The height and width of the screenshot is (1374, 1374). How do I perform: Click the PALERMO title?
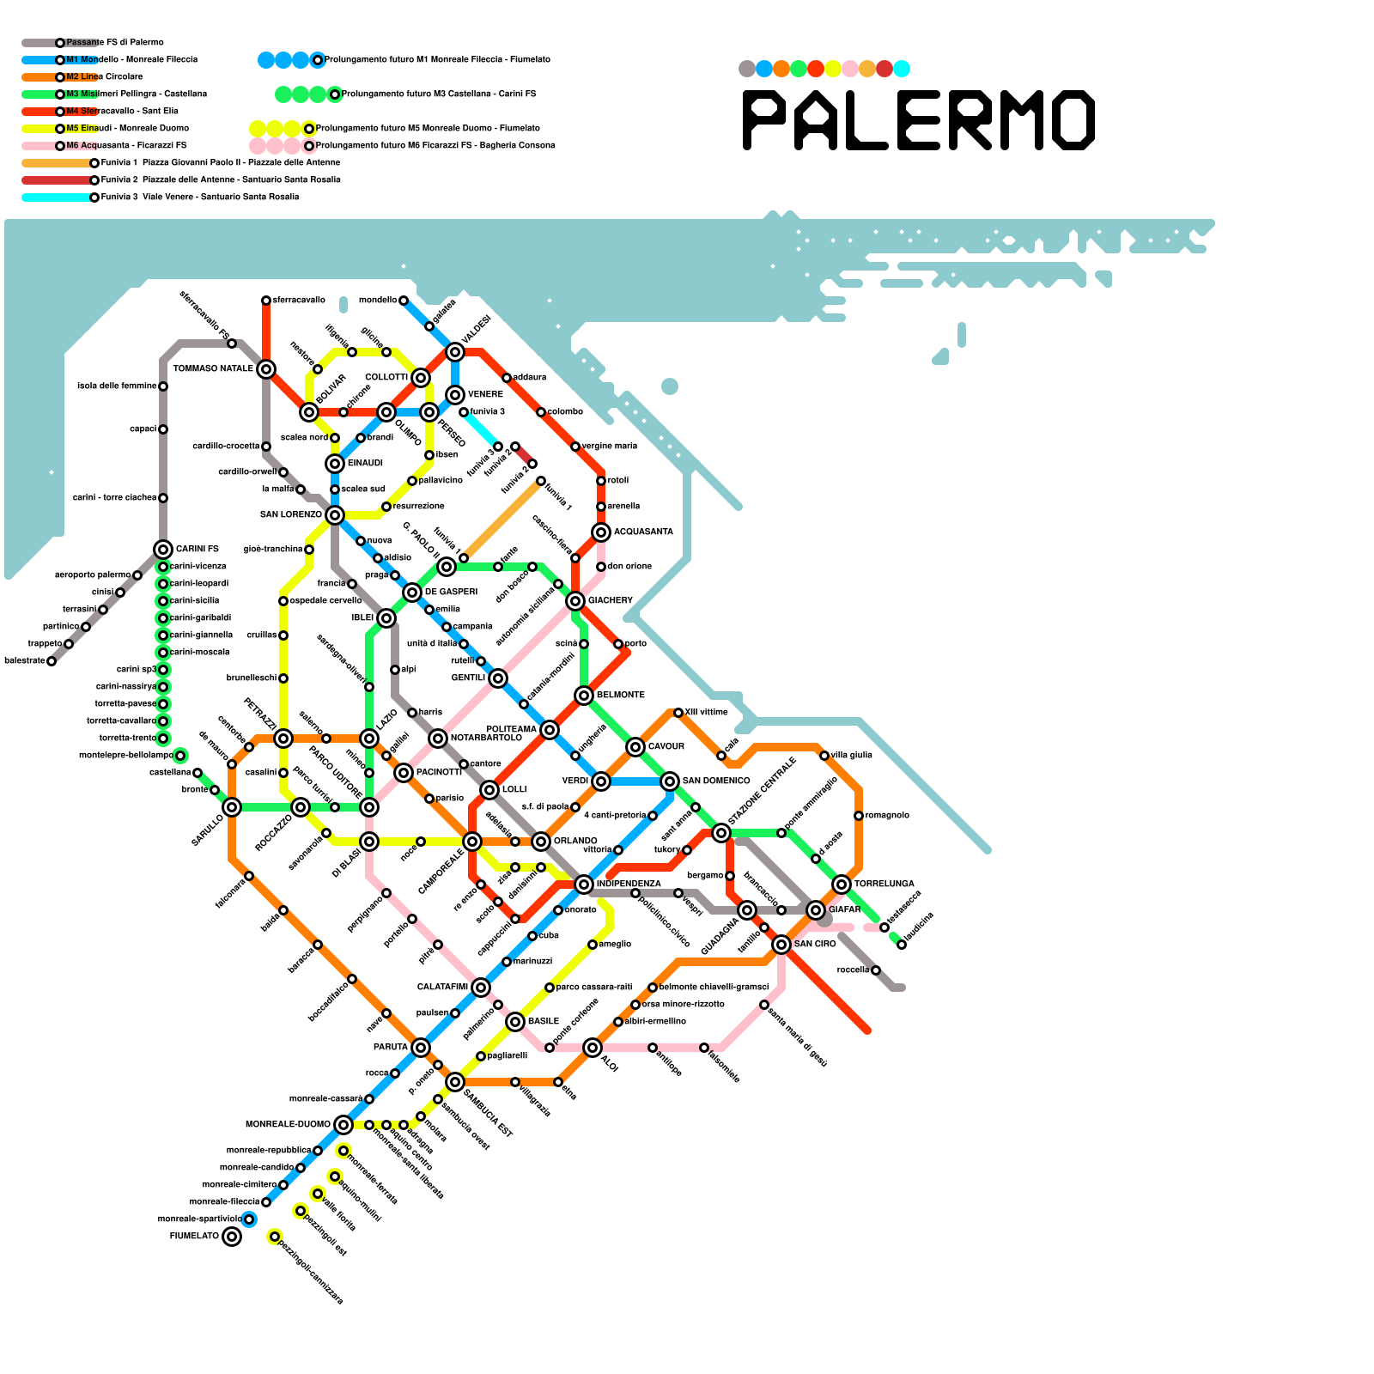pyautogui.click(x=919, y=120)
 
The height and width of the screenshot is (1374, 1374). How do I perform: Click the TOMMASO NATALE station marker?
pyautogui.click(x=266, y=369)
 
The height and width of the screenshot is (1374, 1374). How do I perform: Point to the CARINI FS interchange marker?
pyautogui.click(x=163, y=550)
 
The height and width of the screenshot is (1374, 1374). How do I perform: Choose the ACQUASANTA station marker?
pyautogui.click(x=601, y=532)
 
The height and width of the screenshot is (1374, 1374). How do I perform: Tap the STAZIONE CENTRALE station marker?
pyautogui.click(x=721, y=833)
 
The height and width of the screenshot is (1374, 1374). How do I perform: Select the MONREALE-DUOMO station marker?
pyautogui.click(x=343, y=1125)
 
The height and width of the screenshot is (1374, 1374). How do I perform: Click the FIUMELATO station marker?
pyautogui.click(x=232, y=1237)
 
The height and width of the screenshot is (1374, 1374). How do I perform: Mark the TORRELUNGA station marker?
pyautogui.click(x=842, y=885)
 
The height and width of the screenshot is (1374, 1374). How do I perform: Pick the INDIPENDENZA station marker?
pyautogui.click(x=584, y=885)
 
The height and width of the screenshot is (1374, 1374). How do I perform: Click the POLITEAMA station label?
pyautogui.click(x=511, y=729)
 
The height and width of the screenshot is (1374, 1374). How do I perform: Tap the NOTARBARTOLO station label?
pyautogui.click(x=486, y=738)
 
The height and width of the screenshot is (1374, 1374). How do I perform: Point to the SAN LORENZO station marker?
pyautogui.click(x=335, y=515)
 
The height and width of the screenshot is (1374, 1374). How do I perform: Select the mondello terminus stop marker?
pyautogui.click(x=404, y=301)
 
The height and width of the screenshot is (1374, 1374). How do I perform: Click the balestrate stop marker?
pyautogui.click(x=52, y=661)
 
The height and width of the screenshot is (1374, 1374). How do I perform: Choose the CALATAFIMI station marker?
pyautogui.click(x=481, y=988)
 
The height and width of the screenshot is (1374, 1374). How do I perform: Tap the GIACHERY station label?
pyautogui.click(x=611, y=600)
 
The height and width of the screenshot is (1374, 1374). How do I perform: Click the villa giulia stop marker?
pyautogui.click(x=824, y=756)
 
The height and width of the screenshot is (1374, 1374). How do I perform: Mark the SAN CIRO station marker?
pyautogui.click(x=781, y=945)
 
